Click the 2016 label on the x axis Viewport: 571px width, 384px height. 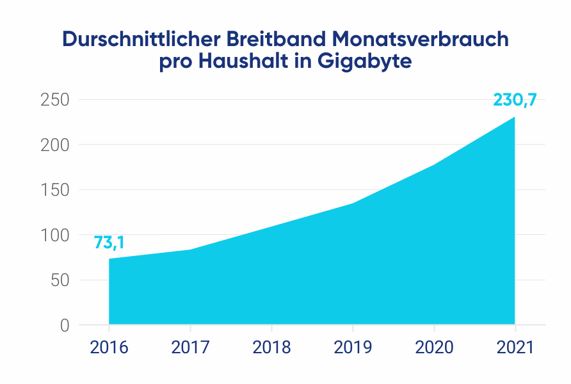pyautogui.click(x=109, y=348)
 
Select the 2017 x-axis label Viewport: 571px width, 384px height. pyautogui.click(x=190, y=348)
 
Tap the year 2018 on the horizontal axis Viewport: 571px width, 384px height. pyautogui.click(x=271, y=348)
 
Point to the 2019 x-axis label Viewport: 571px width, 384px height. pyautogui.click(x=353, y=348)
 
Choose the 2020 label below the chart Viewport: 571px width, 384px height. pyautogui.click(x=434, y=348)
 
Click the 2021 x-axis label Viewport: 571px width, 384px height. pyautogui.click(x=515, y=348)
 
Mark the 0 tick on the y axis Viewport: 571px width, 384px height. pyautogui.click(x=65, y=325)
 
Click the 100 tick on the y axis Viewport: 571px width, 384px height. pyautogui.click(x=55, y=236)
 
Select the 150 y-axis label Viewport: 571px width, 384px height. pyautogui.click(x=55, y=190)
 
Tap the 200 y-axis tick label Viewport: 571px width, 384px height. pyautogui.click(x=55, y=145)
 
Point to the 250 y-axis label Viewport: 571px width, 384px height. pyautogui.click(x=55, y=100)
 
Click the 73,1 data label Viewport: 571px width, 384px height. pyautogui.click(x=109, y=243)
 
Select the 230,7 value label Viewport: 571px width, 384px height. pyautogui.click(x=515, y=100)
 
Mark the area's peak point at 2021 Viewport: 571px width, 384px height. pyautogui.click(x=515, y=117)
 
